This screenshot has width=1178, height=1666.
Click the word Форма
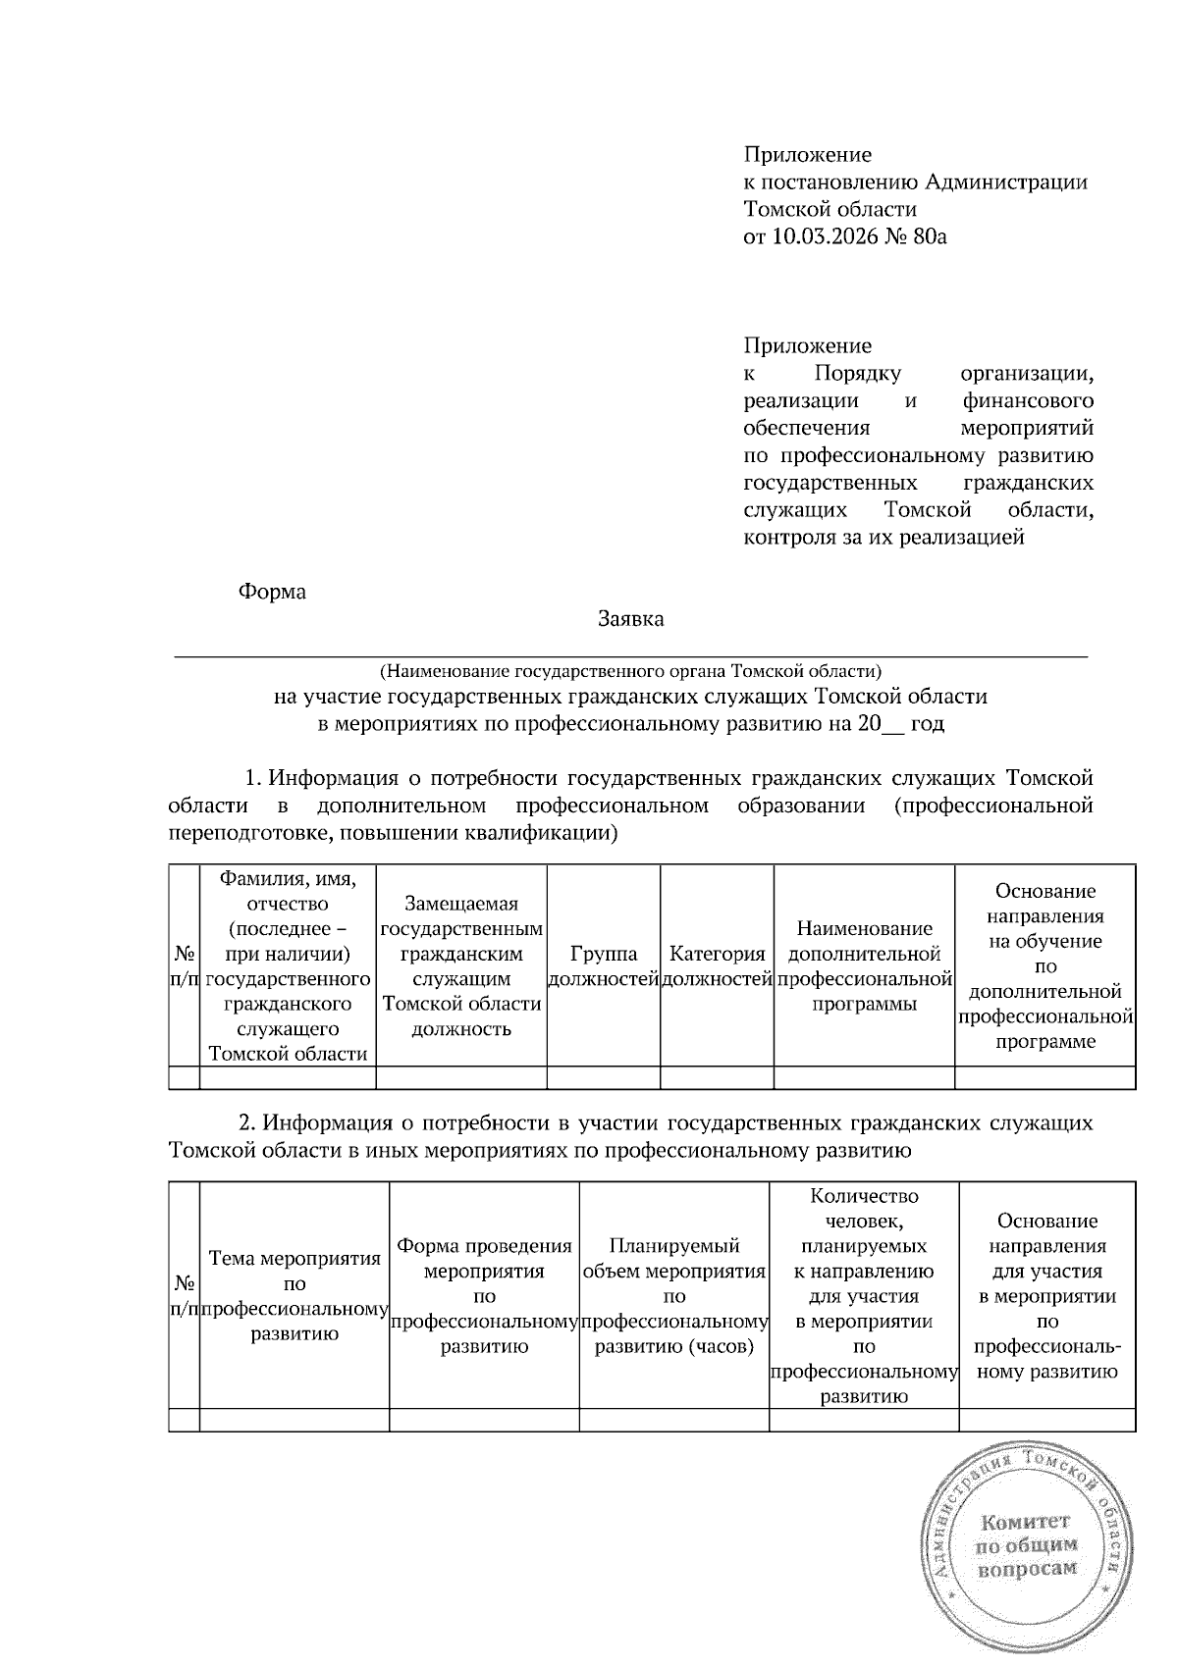pos(272,592)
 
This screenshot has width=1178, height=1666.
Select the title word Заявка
pos(630,619)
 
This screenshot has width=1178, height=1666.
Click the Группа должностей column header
pos(603,965)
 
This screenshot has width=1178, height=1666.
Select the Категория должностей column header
pos(717,965)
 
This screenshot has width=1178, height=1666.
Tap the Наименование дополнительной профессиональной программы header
pos(864,965)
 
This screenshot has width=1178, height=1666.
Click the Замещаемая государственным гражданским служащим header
pos(461,965)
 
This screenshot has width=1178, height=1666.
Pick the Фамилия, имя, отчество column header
pos(288,965)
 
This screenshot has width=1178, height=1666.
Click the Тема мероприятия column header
pos(294,1295)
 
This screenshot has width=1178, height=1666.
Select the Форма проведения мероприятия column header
pos(484,1295)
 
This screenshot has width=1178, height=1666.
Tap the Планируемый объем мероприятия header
pos(673,1295)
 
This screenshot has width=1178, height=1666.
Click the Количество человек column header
pos(864,1295)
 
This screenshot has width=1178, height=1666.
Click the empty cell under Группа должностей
pos(603,1077)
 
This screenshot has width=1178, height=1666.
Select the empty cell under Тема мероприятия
pos(294,1420)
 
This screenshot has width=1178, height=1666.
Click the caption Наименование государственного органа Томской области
pos(630,672)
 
